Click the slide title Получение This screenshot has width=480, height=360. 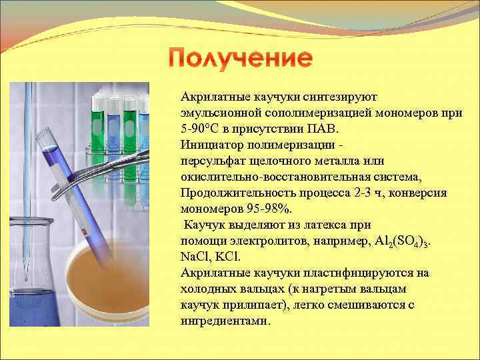(x=240, y=58)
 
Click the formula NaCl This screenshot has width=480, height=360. (x=195, y=257)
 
